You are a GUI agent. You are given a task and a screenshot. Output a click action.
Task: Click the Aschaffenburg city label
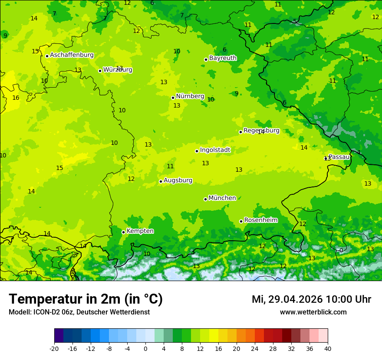coord(72,55)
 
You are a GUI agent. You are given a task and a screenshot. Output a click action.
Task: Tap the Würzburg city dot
coord(100,71)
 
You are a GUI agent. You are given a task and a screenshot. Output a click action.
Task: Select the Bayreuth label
coord(223,58)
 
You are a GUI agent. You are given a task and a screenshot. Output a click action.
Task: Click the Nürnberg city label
coord(190,96)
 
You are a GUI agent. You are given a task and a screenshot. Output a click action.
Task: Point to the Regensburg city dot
coord(240,132)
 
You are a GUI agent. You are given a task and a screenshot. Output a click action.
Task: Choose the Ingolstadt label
coord(215,150)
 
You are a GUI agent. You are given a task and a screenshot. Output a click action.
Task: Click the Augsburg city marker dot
coord(161,181)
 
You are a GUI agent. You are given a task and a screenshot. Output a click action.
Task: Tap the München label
coord(222,198)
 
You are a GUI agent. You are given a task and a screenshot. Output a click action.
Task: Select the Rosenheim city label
coord(260,220)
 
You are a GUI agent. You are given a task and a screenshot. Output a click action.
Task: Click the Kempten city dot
coord(123,232)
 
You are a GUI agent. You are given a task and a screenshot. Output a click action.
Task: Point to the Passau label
coord(339,157)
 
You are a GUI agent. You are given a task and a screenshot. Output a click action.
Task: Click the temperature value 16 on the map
coord(16,98)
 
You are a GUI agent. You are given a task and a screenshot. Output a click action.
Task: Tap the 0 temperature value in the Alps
coord(341,250)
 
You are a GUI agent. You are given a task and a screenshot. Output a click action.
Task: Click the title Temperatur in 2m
coord(86,299)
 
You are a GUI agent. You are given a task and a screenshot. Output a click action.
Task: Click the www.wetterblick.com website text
coord(313,312)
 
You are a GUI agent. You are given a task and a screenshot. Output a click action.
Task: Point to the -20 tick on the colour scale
coord(54,348)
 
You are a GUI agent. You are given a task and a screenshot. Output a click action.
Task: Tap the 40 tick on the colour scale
coord(328,348)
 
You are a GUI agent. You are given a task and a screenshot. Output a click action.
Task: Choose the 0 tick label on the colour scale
coord(145,348)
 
